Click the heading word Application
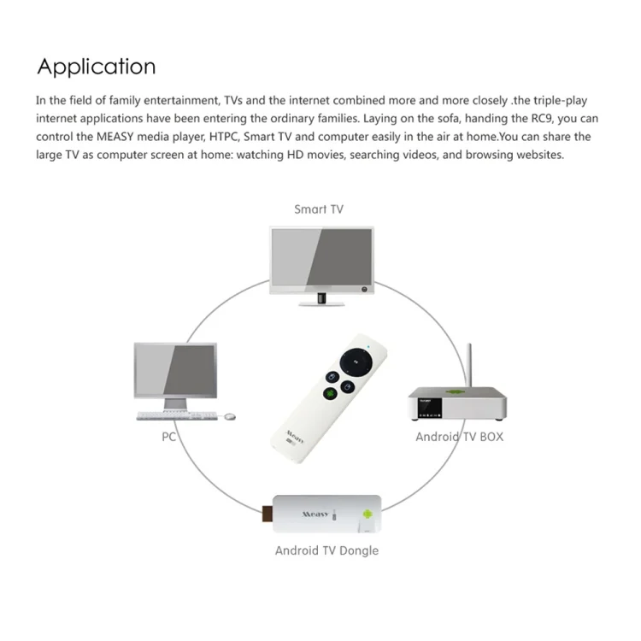(97, 67)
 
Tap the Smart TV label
(319, 209)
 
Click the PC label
(168, 436)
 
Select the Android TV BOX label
(459, 437)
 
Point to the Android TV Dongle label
(326, 550)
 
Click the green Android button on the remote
(329, 394)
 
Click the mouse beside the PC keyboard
(229, 416)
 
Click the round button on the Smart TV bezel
(365, 290)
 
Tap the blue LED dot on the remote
(368, 346)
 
